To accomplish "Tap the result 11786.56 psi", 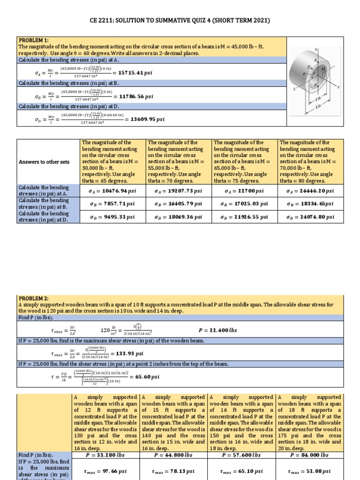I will (x=136, y=97).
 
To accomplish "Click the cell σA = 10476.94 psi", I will (x=112, y=191).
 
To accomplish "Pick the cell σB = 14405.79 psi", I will (x=178, y=204).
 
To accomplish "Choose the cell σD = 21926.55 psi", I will (x=244, y=217).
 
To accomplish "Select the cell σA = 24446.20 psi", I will (x=310, y=191).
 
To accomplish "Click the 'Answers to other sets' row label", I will (x=44, y=162).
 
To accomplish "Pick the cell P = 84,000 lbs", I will (x=309, y=455).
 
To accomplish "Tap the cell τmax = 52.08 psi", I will (x=309, y=471).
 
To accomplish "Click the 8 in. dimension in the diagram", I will (x=320, y=107).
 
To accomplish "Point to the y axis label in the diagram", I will (x=316, y=49).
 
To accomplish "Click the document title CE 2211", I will (x=180, y=21).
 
